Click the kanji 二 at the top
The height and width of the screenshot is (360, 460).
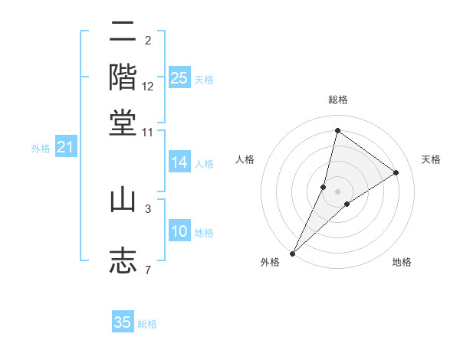point(123,34)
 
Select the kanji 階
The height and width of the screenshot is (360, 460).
point(123,77)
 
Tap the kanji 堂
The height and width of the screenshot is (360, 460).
point(123,123)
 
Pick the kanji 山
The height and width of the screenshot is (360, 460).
point(123,200)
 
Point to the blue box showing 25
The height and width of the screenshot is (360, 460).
point(179,78)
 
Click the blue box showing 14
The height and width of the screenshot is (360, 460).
point(179,162)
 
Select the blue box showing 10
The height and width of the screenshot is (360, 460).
point(179,231)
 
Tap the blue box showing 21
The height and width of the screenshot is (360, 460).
point(65,147)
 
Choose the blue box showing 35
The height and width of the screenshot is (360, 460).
point(123,322)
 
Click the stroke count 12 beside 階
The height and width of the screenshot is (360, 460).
point(148,86)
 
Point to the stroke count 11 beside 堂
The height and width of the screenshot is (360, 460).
point(148,132)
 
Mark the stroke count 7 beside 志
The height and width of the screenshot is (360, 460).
point(148,270)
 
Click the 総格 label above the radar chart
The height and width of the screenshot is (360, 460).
point(337,100)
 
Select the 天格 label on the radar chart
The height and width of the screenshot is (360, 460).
point(431,159)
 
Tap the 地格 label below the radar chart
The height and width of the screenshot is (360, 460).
point(402,262)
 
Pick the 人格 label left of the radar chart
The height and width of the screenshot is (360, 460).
point(245,159)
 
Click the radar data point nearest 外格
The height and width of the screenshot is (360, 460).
point(292,253)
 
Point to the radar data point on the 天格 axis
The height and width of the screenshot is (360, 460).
point(396,172)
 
